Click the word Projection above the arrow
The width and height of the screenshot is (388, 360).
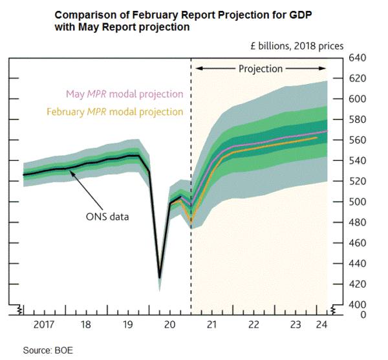coord(261,69)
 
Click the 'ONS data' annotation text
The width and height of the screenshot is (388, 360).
coord(107,217)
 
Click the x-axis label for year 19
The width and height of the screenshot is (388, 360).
coord(129,324)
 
